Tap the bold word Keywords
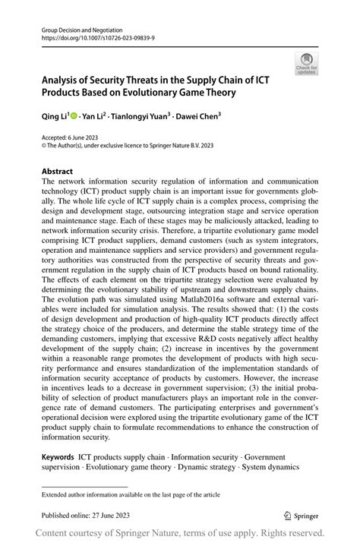[58, 458]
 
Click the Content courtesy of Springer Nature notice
[180, 532]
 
